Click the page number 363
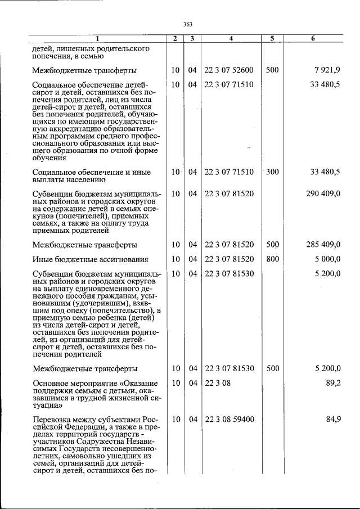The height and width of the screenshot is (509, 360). [x=188, y=24]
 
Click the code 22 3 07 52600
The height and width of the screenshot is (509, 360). [x=229, y=70]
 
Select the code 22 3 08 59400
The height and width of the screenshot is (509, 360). [x=229, y=419]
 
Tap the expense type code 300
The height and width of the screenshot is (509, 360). [x=272, y=172]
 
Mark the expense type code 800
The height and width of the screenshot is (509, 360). [x=272, y=259]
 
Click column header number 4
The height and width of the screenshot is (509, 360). [x=231, y=39]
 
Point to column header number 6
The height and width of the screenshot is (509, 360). [x=313, y=39]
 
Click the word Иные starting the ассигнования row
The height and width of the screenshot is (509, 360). [x=43, y=260]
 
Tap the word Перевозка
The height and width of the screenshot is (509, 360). [x=52, y=420]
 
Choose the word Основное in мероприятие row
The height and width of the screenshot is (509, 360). [x=51, y=384]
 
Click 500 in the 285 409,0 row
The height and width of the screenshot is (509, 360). [x=272, y=245]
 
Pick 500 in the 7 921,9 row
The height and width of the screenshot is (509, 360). [x=272, y=70]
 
